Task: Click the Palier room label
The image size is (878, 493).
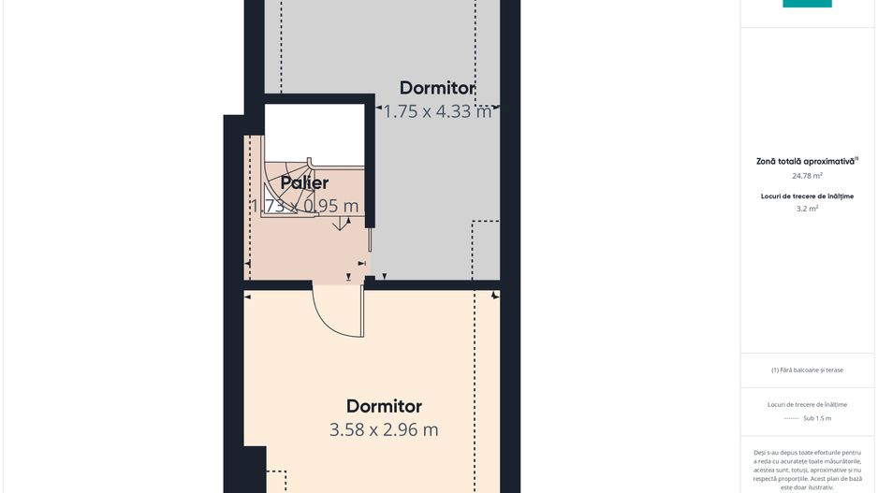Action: (x=304, y=182)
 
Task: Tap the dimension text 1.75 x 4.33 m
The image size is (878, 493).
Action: (x=437, y=111)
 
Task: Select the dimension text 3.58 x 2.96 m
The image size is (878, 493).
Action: (x=384, y=429)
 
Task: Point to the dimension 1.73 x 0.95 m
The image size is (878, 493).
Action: (x=304, y=206)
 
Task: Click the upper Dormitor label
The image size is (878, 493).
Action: (x=437, y=88)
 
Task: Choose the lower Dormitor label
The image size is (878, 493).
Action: (x=384, y=406)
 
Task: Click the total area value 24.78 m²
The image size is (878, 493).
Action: (x=806, y=176)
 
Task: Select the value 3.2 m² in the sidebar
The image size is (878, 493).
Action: (x=807, y=209)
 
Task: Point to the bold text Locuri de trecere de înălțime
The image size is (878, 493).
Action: (x=807, y=196)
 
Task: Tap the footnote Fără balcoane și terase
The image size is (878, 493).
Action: (x=807, y=370)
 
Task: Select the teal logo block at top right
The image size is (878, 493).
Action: (x=807, y=4)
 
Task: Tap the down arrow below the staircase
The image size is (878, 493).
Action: (x=340, y=224)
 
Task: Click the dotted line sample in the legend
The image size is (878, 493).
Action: (x=791, y=418)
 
